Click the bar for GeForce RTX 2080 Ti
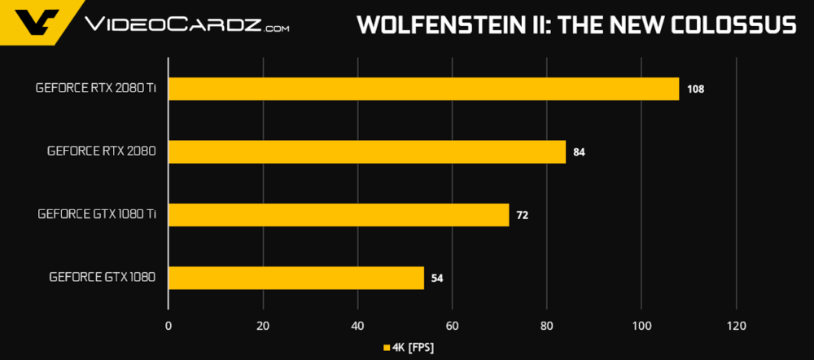(x=423, y=89)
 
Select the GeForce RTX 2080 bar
(x=366, y=151)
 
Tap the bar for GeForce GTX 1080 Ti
(x=338, y=215)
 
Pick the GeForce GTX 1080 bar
(x=295, y=278)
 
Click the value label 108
(x=695, y=89)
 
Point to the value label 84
(x=580, y=152)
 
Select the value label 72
(x=523, y=215)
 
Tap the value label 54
(x=437, y=279)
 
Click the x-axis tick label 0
(x=168, y=326)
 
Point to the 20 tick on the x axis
(x=263, y=326)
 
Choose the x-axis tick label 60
(x=453, y=326)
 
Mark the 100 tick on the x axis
(x=641, y=326)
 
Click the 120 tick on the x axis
(x=736, y=326)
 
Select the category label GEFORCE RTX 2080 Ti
(x=96, y=88)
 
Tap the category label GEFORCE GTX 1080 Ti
(x=97, y=214)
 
